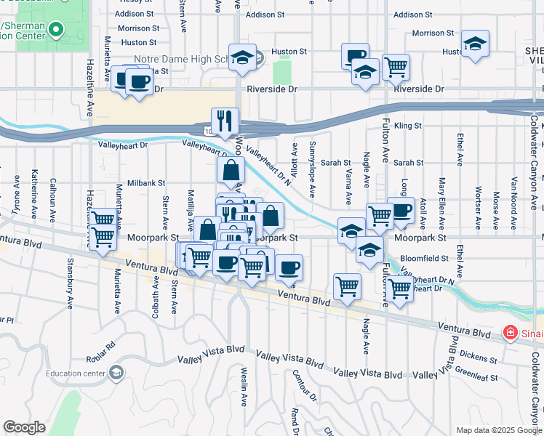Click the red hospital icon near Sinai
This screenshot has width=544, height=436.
[511, 333]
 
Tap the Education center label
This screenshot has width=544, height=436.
[73, 374]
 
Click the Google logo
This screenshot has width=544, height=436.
[24, 427]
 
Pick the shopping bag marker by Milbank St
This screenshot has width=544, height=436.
[231, 171]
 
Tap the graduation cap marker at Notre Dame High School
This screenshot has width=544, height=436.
[243, 59]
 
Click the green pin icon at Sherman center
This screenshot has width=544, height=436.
[57, 31]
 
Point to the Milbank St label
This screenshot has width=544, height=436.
[147, 184]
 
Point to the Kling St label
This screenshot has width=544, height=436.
[407, 126]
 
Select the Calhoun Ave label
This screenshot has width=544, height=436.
[52, 195]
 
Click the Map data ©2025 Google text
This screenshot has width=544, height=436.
[498, 429]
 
